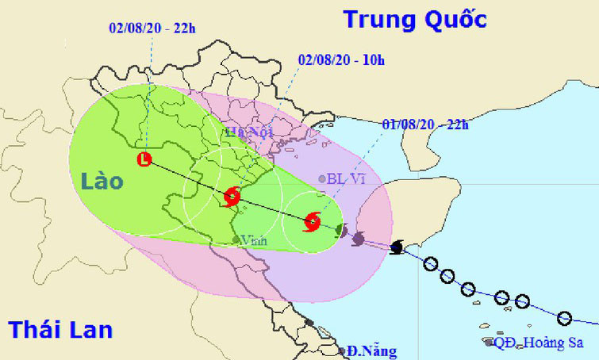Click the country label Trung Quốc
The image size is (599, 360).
click(414, 18)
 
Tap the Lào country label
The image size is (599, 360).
click(102, 181)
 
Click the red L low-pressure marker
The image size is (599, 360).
click(144, 159)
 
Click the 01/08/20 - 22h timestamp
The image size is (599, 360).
click(425, 124)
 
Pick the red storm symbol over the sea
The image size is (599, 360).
click(313, 221)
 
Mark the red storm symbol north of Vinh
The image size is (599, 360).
click(232, 195)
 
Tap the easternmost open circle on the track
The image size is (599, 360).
click(564, 319)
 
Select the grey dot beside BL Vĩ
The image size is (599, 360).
click(321, 179)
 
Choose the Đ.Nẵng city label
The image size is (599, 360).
click(371, 350)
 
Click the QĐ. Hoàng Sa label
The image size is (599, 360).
click(538, 343)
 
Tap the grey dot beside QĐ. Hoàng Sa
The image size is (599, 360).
click(487, 343)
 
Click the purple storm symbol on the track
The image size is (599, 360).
click(358, 238)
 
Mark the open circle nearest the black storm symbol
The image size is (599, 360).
click(430, 264)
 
